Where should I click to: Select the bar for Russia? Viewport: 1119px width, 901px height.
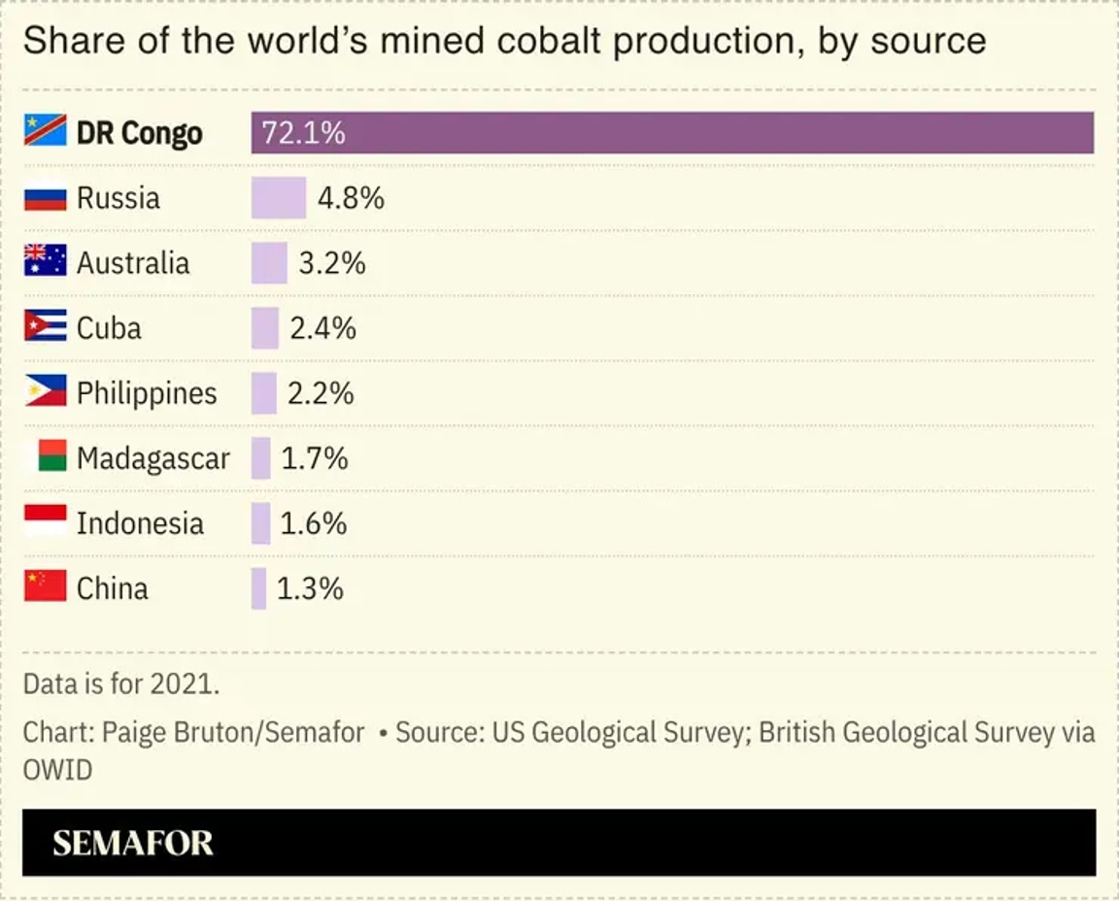click(x=278, y=198)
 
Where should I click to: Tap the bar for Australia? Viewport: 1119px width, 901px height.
click(x=269, y=263)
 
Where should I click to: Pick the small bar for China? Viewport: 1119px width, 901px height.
click(x=258, y=588)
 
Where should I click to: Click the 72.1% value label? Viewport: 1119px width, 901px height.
click(x=303, y=133)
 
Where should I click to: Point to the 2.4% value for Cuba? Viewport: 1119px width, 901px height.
click(x=323, y=328)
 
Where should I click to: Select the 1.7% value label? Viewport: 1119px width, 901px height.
click(x=315, y=458)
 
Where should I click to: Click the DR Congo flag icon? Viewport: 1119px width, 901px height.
click(x=45, y=131)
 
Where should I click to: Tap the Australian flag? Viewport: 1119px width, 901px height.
click(x=45, y=261)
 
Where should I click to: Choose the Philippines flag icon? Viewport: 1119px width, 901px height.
click(x=45, y=391)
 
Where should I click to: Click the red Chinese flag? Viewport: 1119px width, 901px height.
click(x=45, y=586)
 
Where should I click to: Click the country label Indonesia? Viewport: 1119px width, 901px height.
click(x=140, y=523)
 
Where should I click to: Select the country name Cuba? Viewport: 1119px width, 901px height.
click(x=109, y=328)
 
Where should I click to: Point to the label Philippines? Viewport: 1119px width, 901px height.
click(x=147, y=393)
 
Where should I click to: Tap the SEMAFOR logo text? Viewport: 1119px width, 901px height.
click(x=133, y=843)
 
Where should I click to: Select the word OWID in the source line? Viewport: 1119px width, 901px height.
click(x=58, y=771)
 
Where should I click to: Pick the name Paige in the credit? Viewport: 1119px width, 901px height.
click(x=137, y=732)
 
